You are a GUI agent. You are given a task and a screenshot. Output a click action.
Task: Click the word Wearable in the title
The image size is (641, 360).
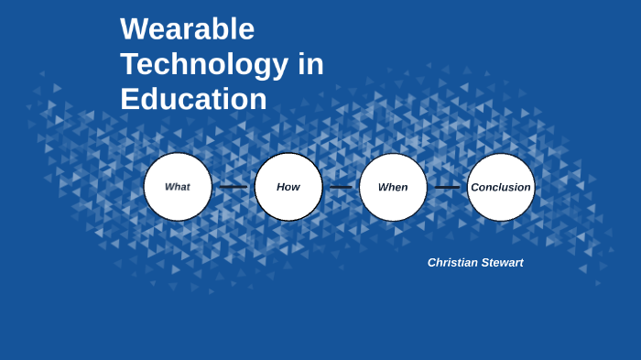pos(187,30)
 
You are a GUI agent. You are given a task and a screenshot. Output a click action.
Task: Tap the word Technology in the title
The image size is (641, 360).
pos(204,65)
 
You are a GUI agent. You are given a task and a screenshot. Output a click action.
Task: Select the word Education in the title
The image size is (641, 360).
pos(193,99)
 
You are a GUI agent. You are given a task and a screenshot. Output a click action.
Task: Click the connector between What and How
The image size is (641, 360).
pos(234,187)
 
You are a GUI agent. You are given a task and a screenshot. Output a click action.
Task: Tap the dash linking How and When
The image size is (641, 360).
pos(341,187)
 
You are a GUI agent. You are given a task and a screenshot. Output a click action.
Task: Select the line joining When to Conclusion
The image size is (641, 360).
pos(447,187)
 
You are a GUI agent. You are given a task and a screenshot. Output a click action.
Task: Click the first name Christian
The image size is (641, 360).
pos(451,263)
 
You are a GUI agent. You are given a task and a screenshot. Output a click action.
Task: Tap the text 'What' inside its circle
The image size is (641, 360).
pos(178,187)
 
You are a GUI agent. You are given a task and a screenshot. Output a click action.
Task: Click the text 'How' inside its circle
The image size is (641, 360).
pos(288,187)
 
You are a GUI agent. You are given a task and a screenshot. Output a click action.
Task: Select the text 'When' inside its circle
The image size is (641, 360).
pos(393,187)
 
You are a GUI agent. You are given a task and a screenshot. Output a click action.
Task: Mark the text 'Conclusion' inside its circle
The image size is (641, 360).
pos(501,188)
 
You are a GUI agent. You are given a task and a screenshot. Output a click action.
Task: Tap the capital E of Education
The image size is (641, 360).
pos(129,99)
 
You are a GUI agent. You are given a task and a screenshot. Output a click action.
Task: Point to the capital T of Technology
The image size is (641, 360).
pos(130,65)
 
